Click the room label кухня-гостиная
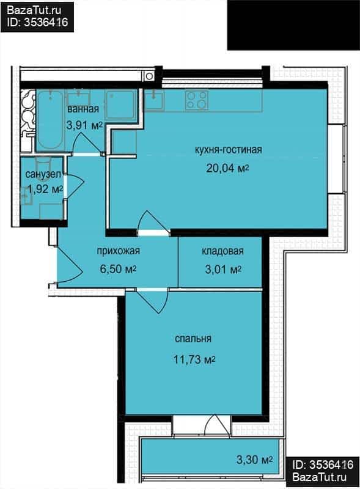click(228, 150)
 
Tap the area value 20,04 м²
click(227, 169)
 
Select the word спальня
click(193, 339)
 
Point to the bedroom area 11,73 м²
click(194, 359)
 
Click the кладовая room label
click(222, 251)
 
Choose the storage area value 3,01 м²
click(223, 269)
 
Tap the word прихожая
click(118, 251)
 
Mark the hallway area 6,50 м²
click(118, 269)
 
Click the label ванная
click(83, 109)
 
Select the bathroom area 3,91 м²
click(84, 125)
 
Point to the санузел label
click(43, 174)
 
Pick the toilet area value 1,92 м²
click(45, 189)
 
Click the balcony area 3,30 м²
click(255, 460)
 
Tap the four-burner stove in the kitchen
click(197, 100)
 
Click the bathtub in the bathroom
click(50, 120)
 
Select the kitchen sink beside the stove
click(153, 100)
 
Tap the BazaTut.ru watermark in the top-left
click(34, 10)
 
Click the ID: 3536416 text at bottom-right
click(323, 465)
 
